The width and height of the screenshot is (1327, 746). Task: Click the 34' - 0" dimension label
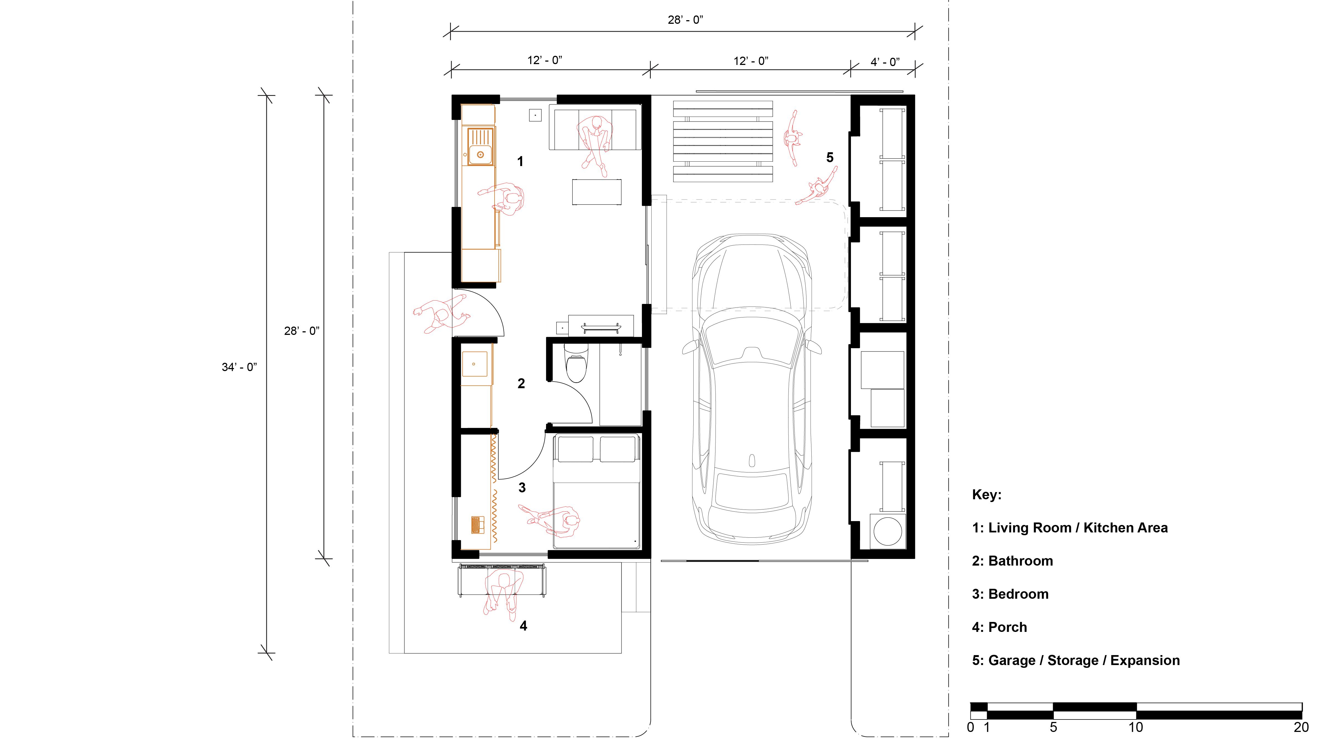(x=239, y=367)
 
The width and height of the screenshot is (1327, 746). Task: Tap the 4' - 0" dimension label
(x=885, y=62)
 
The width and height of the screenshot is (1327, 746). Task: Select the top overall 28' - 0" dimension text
(x=685, y=20)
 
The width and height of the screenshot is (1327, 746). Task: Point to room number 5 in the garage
(x=829, y=157)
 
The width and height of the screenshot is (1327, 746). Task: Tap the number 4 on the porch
(x=523, y=626)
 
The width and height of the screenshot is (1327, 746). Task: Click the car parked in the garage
(x=752, y=389)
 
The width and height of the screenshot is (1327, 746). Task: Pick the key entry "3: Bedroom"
(x=1010, y=594)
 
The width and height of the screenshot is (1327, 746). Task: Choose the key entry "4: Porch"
(x=999, y=627)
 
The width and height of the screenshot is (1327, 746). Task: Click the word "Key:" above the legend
(x=986, y=495)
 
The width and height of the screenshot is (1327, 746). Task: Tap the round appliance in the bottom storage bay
(x=887, y=531)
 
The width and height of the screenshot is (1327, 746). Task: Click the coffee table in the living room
(x=597, y=192)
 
